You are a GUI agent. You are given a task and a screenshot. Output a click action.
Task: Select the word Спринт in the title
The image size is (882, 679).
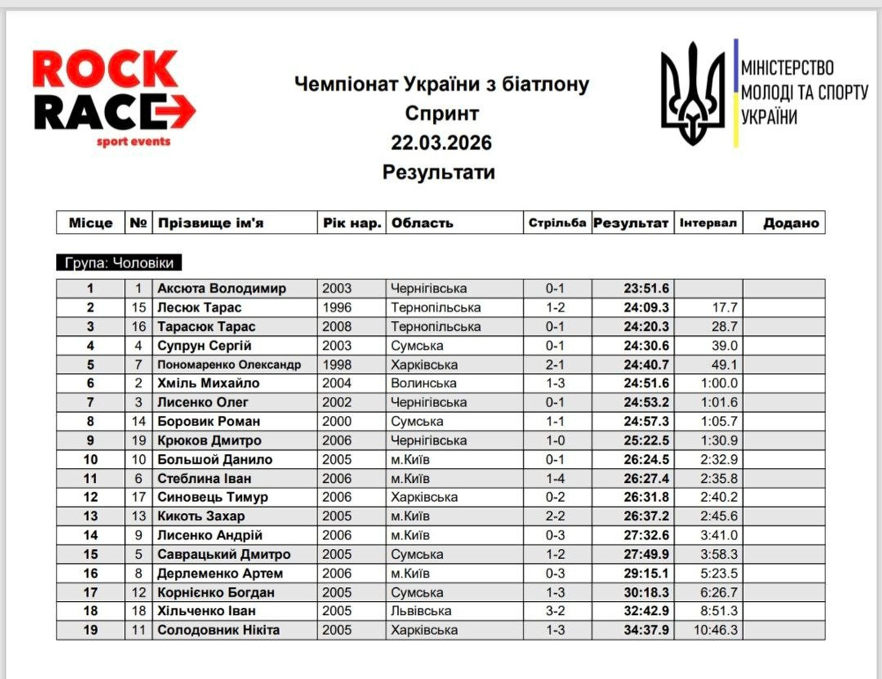click(441, 113)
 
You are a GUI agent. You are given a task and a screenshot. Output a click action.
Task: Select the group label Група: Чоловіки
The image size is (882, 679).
click(119, 264)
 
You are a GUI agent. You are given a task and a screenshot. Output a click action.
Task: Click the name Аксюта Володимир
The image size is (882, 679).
click(221, 288)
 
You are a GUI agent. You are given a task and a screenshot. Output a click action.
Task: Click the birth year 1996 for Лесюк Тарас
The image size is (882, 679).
click(337, 307)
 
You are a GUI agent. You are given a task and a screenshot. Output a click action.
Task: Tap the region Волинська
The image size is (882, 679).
click(424, 383)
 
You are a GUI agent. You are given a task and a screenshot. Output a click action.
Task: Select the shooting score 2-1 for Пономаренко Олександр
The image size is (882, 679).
click(558, 364)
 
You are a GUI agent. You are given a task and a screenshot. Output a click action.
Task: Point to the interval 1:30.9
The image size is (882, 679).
click(720, 440)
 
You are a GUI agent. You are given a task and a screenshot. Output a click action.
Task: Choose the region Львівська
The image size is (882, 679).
click(422, 611)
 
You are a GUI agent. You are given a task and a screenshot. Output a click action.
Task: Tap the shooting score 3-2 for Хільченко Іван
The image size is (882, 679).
click(558, 611)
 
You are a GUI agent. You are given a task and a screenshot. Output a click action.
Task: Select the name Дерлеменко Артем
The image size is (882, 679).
click(220, 573)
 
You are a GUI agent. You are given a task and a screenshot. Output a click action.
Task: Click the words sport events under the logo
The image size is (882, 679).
click(133, 141)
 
